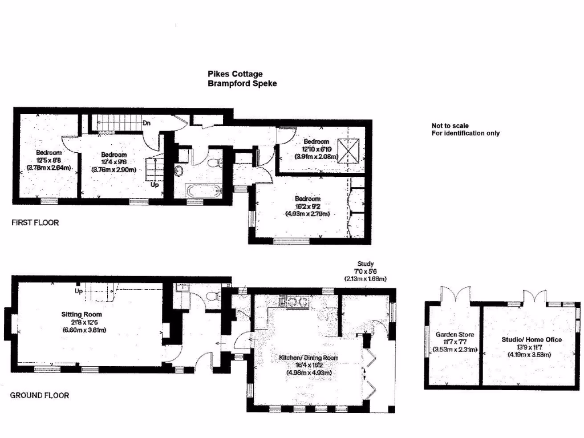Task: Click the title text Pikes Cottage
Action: tap(235, 74)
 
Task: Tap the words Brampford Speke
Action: tap(242, 83)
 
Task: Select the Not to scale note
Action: tap(451, 125)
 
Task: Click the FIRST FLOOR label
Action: tap(35, 223)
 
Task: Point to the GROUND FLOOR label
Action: tap(39, 395)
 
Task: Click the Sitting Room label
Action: tap(82, 314)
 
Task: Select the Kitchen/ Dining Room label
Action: tap(308, 358)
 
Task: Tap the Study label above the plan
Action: tap(365, 264)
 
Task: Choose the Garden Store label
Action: tap(455, 335)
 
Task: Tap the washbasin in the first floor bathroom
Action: tap(179, 170)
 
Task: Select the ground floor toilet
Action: tap(214, 295)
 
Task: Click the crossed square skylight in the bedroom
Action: tap(349, 150)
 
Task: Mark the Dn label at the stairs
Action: tap(147, 123)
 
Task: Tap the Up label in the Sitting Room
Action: tap(79, 291)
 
